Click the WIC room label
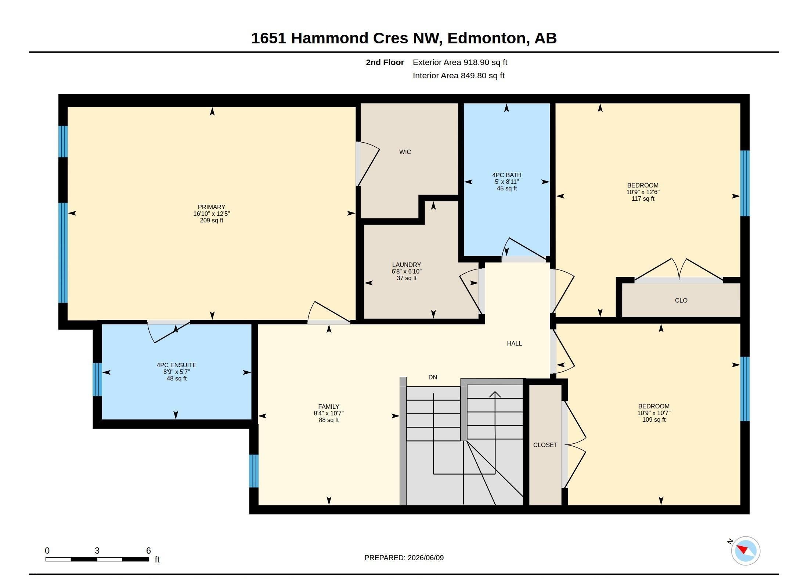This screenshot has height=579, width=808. coord(405,152)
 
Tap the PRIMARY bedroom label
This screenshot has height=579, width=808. coord(212,207)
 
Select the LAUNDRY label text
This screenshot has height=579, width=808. coord(407,265)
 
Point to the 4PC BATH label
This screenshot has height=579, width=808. coord(507,175)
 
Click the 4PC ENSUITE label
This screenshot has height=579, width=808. coord(177,365)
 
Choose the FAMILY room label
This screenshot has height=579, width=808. coord(329,407)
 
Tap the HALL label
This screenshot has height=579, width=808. coord(514,343)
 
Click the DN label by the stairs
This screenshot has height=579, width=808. coord(433,377)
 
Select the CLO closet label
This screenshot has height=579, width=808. coord(681,300)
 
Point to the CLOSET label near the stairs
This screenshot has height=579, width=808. coord(545,445)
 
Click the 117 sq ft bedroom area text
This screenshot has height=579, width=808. coord(643,199)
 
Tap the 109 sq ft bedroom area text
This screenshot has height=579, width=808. coord(654,419)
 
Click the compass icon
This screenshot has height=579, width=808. coord(745,551)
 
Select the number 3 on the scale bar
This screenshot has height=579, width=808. coord(97,551)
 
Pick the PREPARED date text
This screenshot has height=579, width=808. coord(404,558)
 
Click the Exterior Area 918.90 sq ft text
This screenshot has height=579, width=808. coord(460,62)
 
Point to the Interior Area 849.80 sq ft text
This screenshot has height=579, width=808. coord(459,76)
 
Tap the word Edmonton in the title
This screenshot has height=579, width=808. coord(486,38)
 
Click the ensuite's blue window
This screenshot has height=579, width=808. coord(97,379)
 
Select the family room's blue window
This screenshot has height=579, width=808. coord(254,471)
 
